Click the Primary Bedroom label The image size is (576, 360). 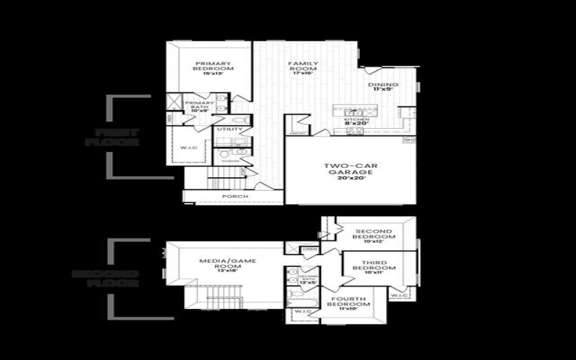(x=210, y=68)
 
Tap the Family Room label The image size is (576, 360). (x=303, y=68)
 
